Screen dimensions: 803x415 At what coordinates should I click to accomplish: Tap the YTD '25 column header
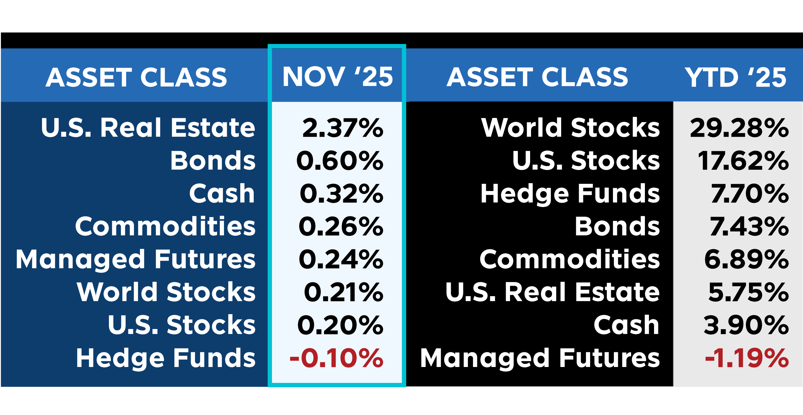pyautogui.click(x=735, y=77)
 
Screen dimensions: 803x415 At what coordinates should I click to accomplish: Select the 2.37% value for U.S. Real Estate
pyautogui.click(x=343, y=128)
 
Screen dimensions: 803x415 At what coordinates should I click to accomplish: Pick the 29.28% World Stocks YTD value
pyautogui.click(x=739, y=128)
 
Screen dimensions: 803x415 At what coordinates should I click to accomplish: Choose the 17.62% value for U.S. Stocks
pyautogui.click(x=743, y=161)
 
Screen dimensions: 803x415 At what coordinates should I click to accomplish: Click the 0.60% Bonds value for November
pyautogui.click(x=340, y=161)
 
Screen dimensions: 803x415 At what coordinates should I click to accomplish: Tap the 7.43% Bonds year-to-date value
pyautogui.click(x=749, y=226)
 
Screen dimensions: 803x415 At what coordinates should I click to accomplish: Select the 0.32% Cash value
pyautogui.click(x=341, y=194)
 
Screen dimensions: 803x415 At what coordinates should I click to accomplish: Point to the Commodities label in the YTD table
pyautogui.click(x=570, y=259)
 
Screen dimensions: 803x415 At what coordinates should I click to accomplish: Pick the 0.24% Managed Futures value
pyautogui.click(x=341, y=259)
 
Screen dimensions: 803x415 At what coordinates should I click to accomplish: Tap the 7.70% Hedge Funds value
pyautogui.click(x=750, y=194)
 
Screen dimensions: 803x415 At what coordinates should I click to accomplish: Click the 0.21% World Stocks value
pyautogui.click(x=343, y=292)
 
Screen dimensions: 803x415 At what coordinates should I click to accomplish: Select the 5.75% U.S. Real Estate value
pyautogui.click(x=748, y=292)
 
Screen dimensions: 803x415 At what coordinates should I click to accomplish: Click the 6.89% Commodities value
pyautogui.click(x=746, y=259)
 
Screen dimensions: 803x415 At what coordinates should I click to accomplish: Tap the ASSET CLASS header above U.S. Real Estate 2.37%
pyautogui.click(x=136, y=77)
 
